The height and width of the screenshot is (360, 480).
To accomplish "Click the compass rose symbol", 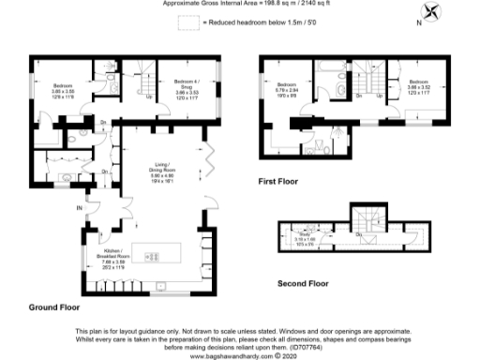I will [433, 13].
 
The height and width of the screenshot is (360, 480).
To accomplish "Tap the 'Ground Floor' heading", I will [53, 307].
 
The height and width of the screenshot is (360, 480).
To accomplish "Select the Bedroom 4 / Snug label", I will [188, 90].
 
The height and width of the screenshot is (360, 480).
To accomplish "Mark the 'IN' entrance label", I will [79, 207].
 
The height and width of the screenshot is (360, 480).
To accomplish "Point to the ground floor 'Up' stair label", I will [150, 96].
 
